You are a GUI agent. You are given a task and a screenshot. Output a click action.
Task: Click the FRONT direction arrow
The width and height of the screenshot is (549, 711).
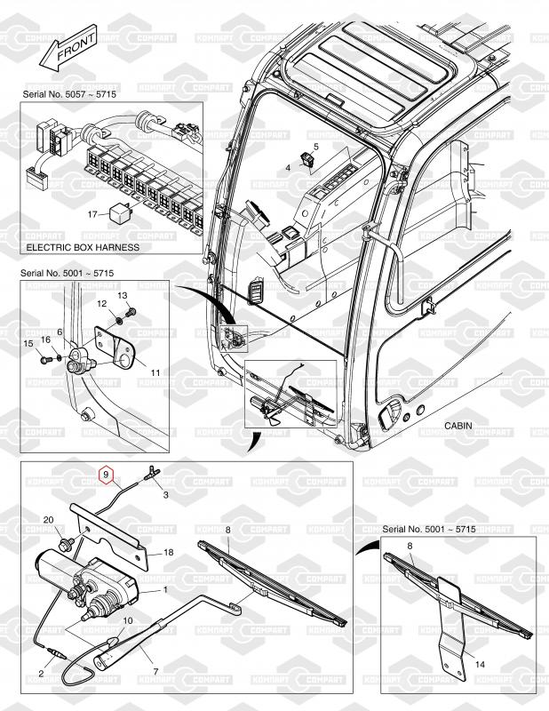click(69, 48)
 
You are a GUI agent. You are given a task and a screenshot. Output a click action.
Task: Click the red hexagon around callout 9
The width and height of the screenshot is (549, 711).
click(106, 475)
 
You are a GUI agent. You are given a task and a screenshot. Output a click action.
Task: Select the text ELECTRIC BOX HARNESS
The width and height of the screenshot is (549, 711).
click(83, 248)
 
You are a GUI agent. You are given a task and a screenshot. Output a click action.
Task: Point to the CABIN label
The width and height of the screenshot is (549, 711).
click(457, 426)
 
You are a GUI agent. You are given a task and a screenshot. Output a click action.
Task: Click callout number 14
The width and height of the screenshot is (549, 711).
click(480, 664)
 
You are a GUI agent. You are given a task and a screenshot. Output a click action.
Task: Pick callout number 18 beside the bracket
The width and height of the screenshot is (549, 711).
click(168, 553)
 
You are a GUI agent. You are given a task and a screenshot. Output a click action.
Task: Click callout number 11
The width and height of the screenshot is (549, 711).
click(155, 372)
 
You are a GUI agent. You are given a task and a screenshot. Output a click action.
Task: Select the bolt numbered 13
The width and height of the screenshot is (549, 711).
click(132, 312)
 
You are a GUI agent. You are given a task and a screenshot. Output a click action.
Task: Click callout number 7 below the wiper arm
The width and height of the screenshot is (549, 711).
click(155, 672)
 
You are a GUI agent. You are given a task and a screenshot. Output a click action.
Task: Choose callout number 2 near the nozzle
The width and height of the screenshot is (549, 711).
click(41, 674)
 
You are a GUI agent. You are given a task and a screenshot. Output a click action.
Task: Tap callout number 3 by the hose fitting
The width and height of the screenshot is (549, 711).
click(165, 495)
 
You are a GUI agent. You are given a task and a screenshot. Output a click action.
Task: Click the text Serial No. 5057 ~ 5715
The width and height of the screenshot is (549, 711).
click(69, 95)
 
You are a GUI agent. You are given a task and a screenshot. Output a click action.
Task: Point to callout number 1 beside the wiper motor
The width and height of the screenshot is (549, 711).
click(165, 590)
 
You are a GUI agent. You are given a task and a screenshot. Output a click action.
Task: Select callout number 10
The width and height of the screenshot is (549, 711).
click(128, 620)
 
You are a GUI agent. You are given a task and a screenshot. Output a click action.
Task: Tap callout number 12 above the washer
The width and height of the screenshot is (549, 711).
click(101, 304)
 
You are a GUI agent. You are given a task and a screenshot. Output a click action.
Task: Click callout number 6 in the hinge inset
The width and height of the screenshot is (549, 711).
click(60, 332)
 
